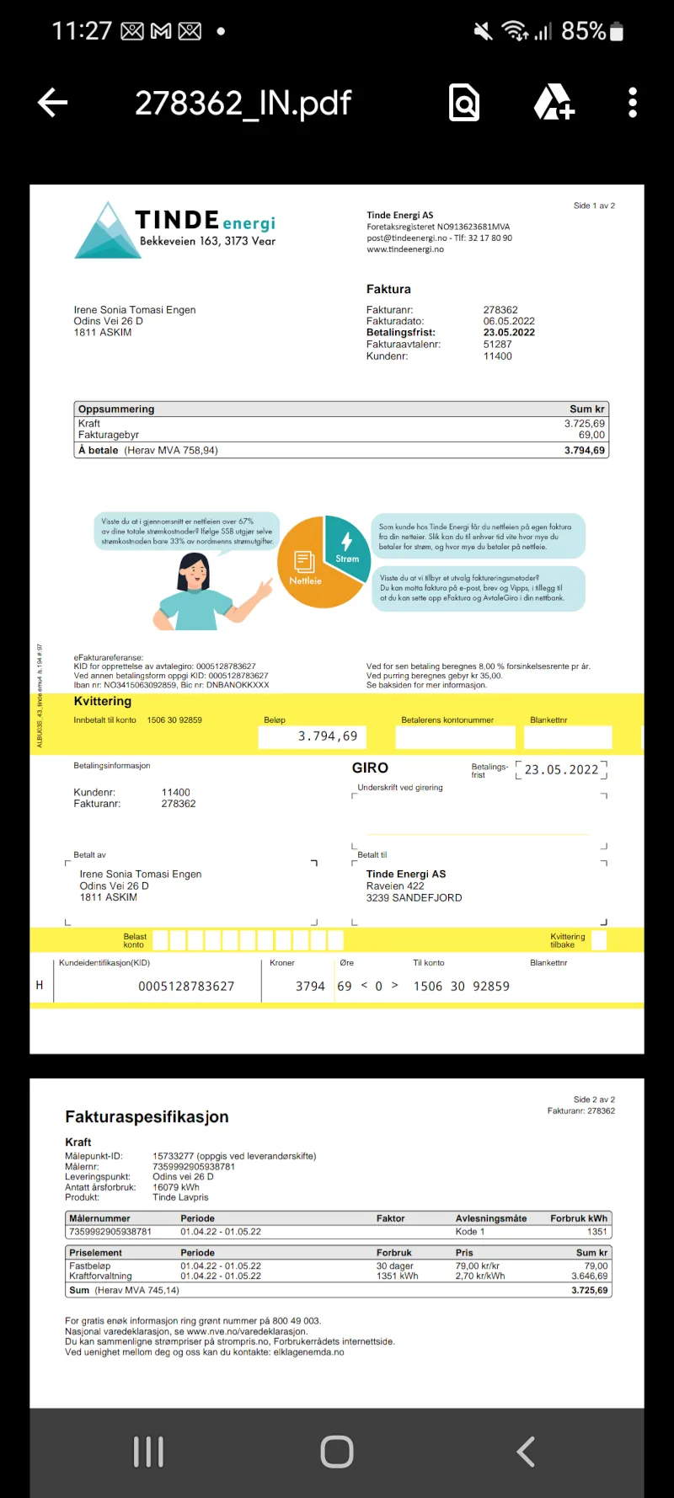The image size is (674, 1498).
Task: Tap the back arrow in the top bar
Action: [52, 103]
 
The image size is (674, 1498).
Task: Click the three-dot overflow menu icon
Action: [633, 103]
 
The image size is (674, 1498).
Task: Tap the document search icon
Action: [464, 103]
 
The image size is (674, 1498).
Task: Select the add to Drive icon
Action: [554, 103]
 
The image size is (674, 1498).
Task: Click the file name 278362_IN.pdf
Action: [243, 104]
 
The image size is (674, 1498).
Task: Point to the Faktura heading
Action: [388, 289]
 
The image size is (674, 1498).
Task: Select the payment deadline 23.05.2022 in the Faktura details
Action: [509, 333]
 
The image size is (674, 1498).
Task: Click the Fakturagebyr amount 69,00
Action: [591, 435]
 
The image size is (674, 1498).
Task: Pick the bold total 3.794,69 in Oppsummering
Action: [585, 451]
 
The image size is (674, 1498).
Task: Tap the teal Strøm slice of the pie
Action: [346, 546]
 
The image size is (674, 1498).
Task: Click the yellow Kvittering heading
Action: [103, 701]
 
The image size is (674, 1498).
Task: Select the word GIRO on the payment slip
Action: [370, 768]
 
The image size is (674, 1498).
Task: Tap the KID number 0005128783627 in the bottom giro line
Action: [186, 987]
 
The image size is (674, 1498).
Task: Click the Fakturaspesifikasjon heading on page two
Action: [147, 1117]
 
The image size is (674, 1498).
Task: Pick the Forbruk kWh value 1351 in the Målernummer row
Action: [596, 1232]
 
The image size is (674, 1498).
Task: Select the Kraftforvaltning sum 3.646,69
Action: [589, 1276]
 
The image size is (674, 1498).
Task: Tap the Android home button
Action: [337, 1452]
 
